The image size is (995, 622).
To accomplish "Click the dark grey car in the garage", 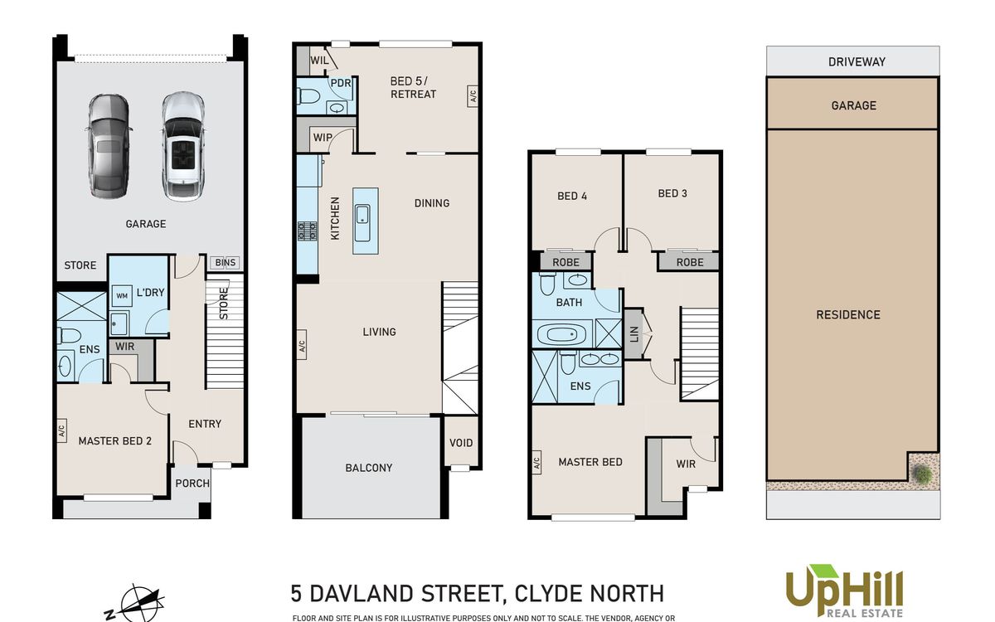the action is [x=108, y=146].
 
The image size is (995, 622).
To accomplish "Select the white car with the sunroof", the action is [x=182, y=146].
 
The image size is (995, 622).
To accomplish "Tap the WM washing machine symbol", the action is [x=122, y=295].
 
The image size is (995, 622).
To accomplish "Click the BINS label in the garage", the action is [x=225, y=263].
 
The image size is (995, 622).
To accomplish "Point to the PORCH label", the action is [x=192, y=483].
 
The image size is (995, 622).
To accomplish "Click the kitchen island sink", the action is [x=362, y=222].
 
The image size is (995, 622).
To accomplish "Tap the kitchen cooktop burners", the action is [x=307, y=231].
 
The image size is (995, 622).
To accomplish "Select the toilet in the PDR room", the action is [x=308, y=96].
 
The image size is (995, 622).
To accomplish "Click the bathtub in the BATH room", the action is [x=561, y=334].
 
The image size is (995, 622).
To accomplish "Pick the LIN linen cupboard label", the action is [x=633, y=333].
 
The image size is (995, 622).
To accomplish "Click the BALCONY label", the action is [x=369, y=468].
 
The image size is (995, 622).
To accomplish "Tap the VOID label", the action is [x=461, y=443].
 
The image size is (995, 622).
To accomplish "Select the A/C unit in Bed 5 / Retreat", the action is [x=472, y=96].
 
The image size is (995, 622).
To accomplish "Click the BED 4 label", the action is [x=572, y=196].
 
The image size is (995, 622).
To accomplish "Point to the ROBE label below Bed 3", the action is [x=690, y=263].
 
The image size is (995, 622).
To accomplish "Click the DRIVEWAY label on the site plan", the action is [x=857, y=61].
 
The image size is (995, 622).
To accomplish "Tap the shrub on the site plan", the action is [x=923, y=474].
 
